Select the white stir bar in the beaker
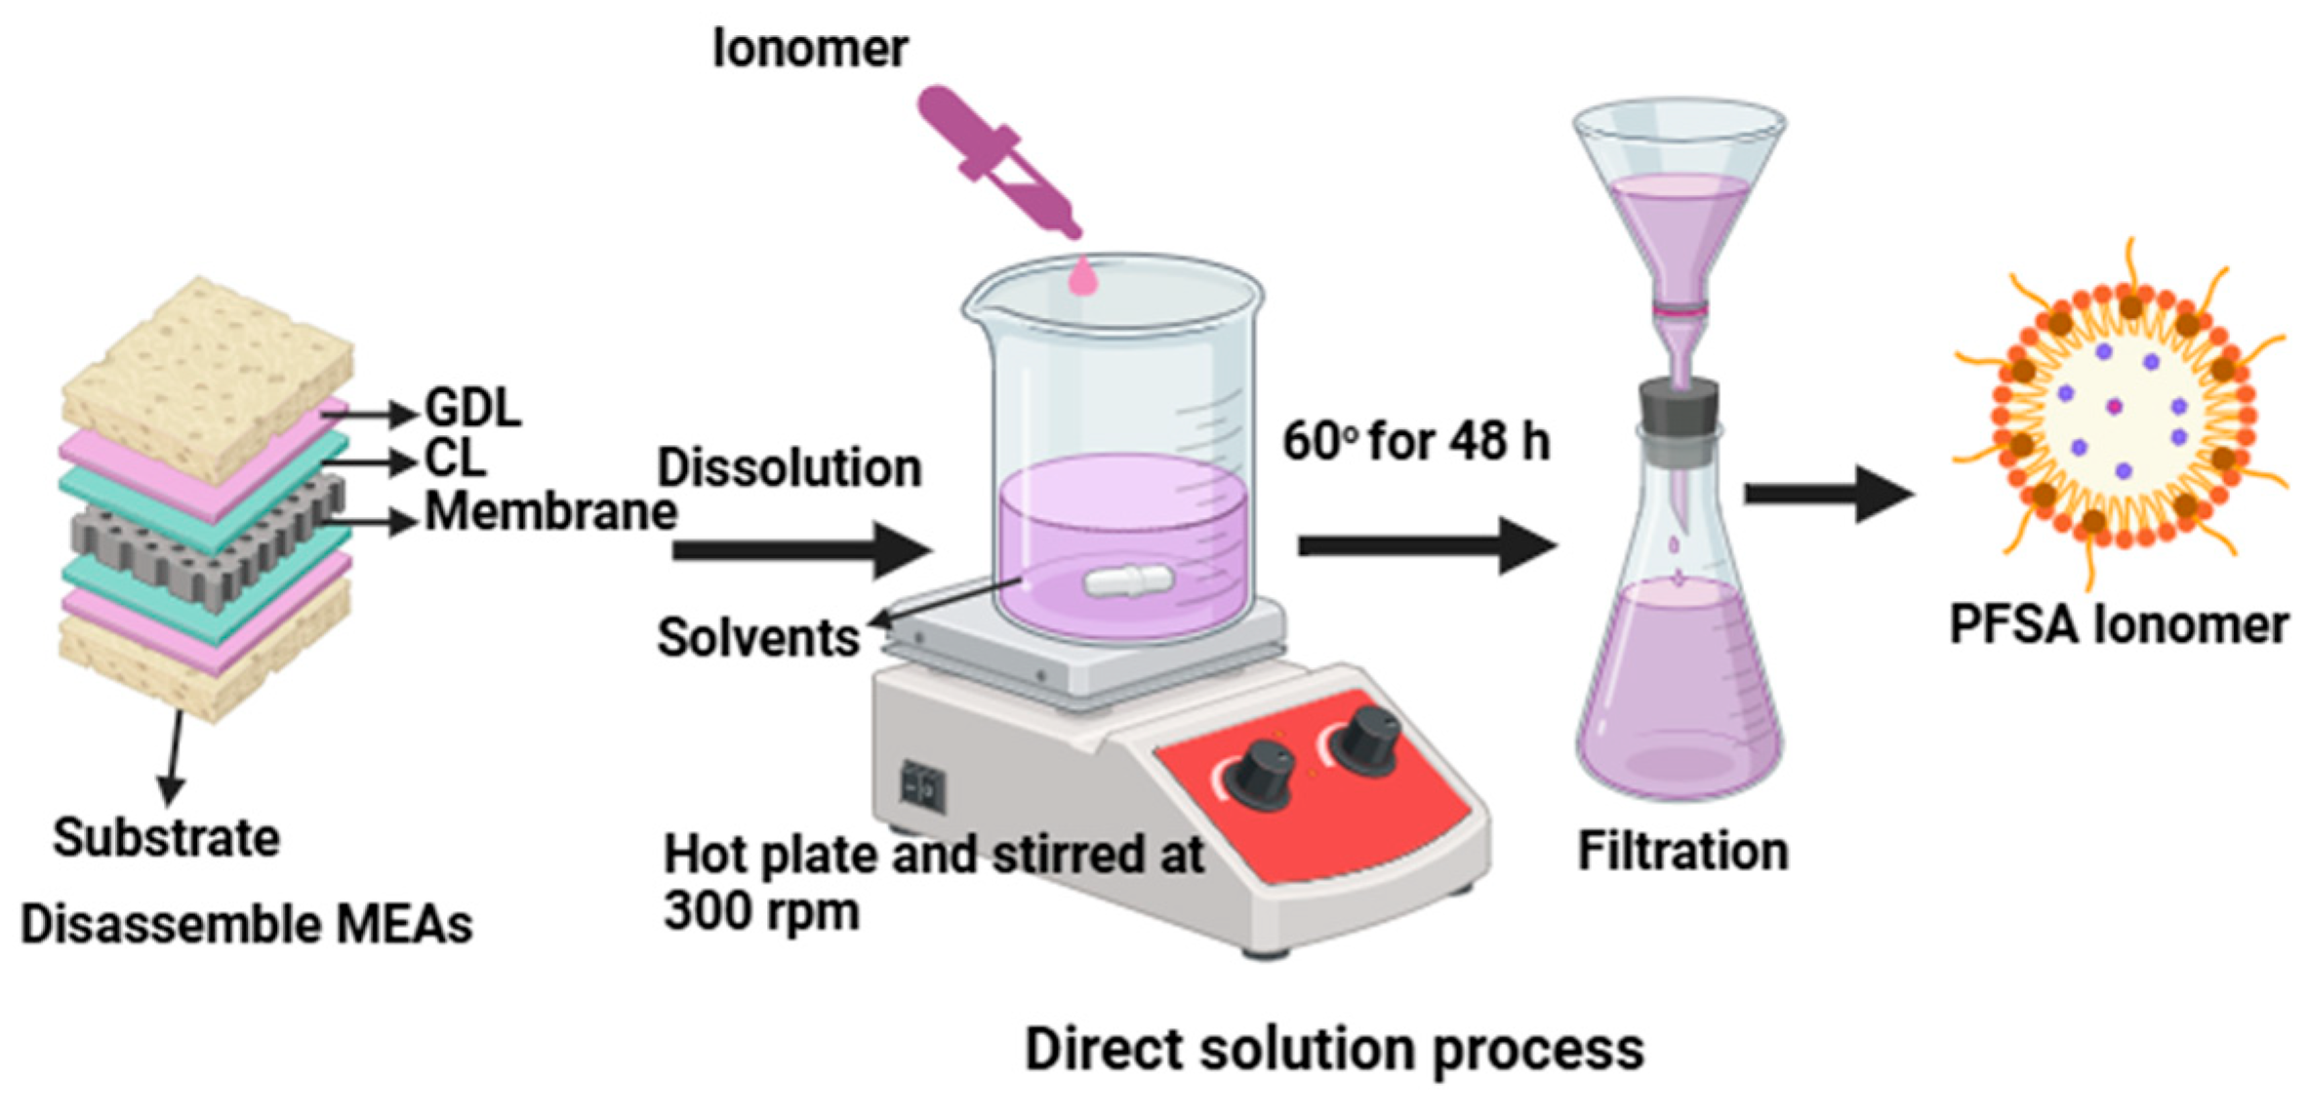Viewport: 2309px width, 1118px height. tap(1128, 581)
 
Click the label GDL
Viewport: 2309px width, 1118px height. tap(473, 408)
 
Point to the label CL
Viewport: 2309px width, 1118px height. tap(455, 458)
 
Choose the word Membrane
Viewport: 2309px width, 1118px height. tap(551, 511)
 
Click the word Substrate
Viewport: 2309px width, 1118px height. tap(167, 837)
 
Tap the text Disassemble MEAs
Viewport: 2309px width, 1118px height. tap(247, 924)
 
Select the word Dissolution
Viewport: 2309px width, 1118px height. tap(790, 467)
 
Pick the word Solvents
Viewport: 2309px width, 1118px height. tap(758, 638)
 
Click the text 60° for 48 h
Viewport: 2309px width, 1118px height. tap(1416, 441)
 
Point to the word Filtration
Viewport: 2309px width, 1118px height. tap(1683, 851)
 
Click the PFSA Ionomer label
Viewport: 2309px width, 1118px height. tap(2119, 624)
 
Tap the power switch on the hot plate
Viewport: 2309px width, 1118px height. tap(922, 785)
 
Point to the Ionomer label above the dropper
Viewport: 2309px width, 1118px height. tap(810, 48)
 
